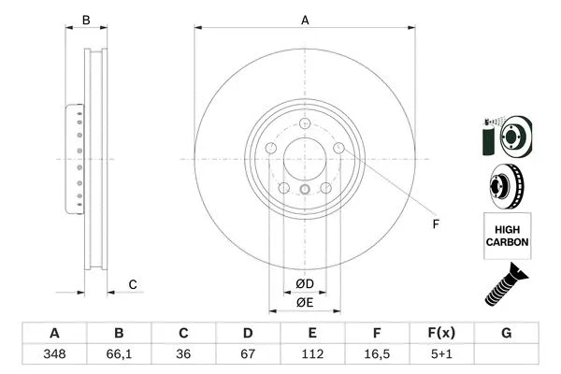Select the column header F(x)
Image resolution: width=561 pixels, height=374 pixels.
point(441,334)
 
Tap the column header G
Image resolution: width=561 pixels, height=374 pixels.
point(506,334)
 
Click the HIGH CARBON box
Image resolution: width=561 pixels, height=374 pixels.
point(507,235)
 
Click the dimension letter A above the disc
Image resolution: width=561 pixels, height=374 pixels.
point(305,20)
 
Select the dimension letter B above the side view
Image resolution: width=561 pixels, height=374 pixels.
point(86,20)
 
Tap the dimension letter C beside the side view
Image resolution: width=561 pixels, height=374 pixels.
point(133,284)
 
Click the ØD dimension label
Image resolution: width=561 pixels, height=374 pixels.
point(305,282)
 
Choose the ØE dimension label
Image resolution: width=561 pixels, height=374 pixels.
point(305,301)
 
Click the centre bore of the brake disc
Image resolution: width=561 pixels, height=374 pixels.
point(305,158)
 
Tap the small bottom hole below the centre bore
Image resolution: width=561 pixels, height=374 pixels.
point(305,191)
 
